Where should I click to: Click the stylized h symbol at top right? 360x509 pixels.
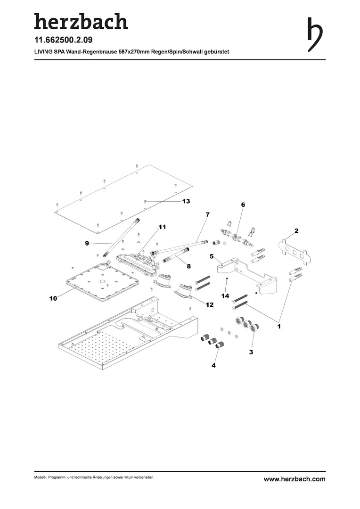coord(315,34)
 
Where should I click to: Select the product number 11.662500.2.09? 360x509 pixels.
coord(63,40)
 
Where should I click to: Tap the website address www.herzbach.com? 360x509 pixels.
coord(295,479)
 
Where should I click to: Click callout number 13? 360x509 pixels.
coord(186,201)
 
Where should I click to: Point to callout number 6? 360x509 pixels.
coord(243,205)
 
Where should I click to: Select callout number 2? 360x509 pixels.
coord(296,231)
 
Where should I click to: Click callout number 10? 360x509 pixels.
coord(53,298)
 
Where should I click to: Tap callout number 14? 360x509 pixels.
coord(225,296)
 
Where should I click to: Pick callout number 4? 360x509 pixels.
coord(213,366)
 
